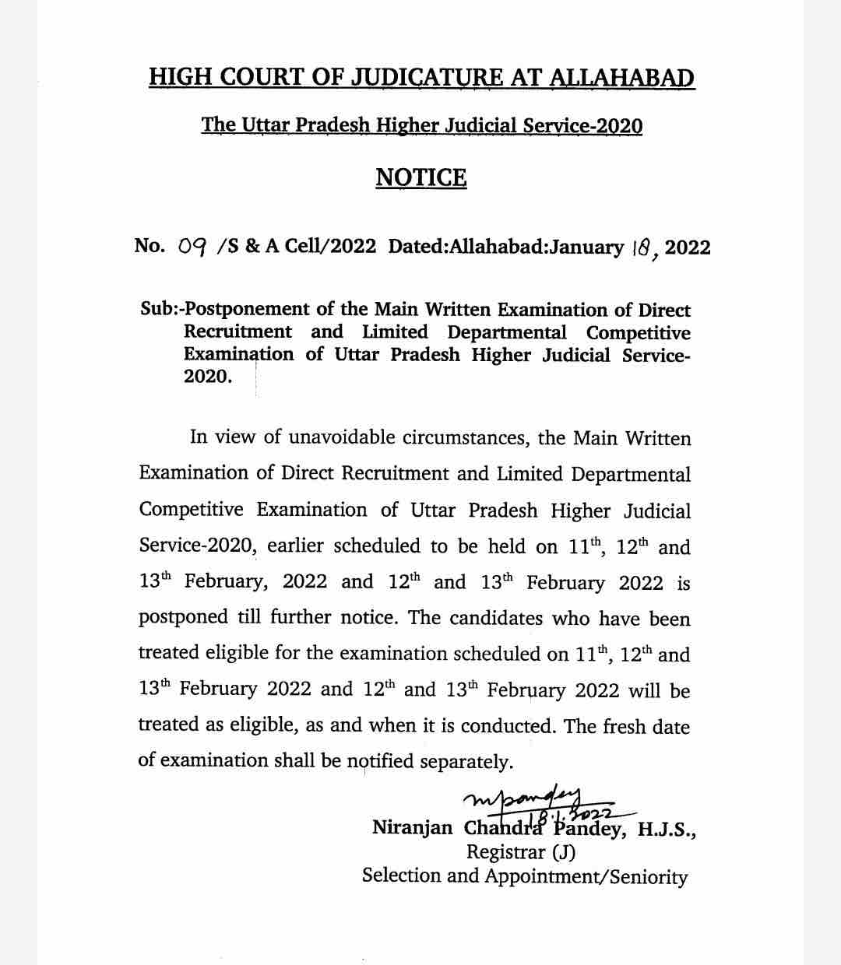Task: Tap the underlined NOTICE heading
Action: click(x=420, y=177)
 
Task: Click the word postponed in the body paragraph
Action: click(x=183, y=619)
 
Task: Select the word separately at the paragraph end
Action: click(x=466, y=762)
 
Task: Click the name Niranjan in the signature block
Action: click(x=412, y=827)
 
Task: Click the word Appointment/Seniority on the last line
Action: click(x=586, y=876)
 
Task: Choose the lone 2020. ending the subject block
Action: click(x=207, y=377)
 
